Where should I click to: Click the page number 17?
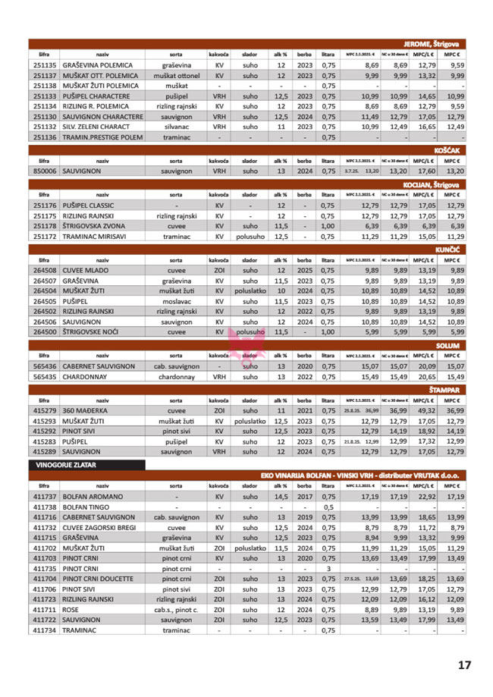click(464, 665)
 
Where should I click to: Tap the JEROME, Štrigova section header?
click(437, 44)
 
